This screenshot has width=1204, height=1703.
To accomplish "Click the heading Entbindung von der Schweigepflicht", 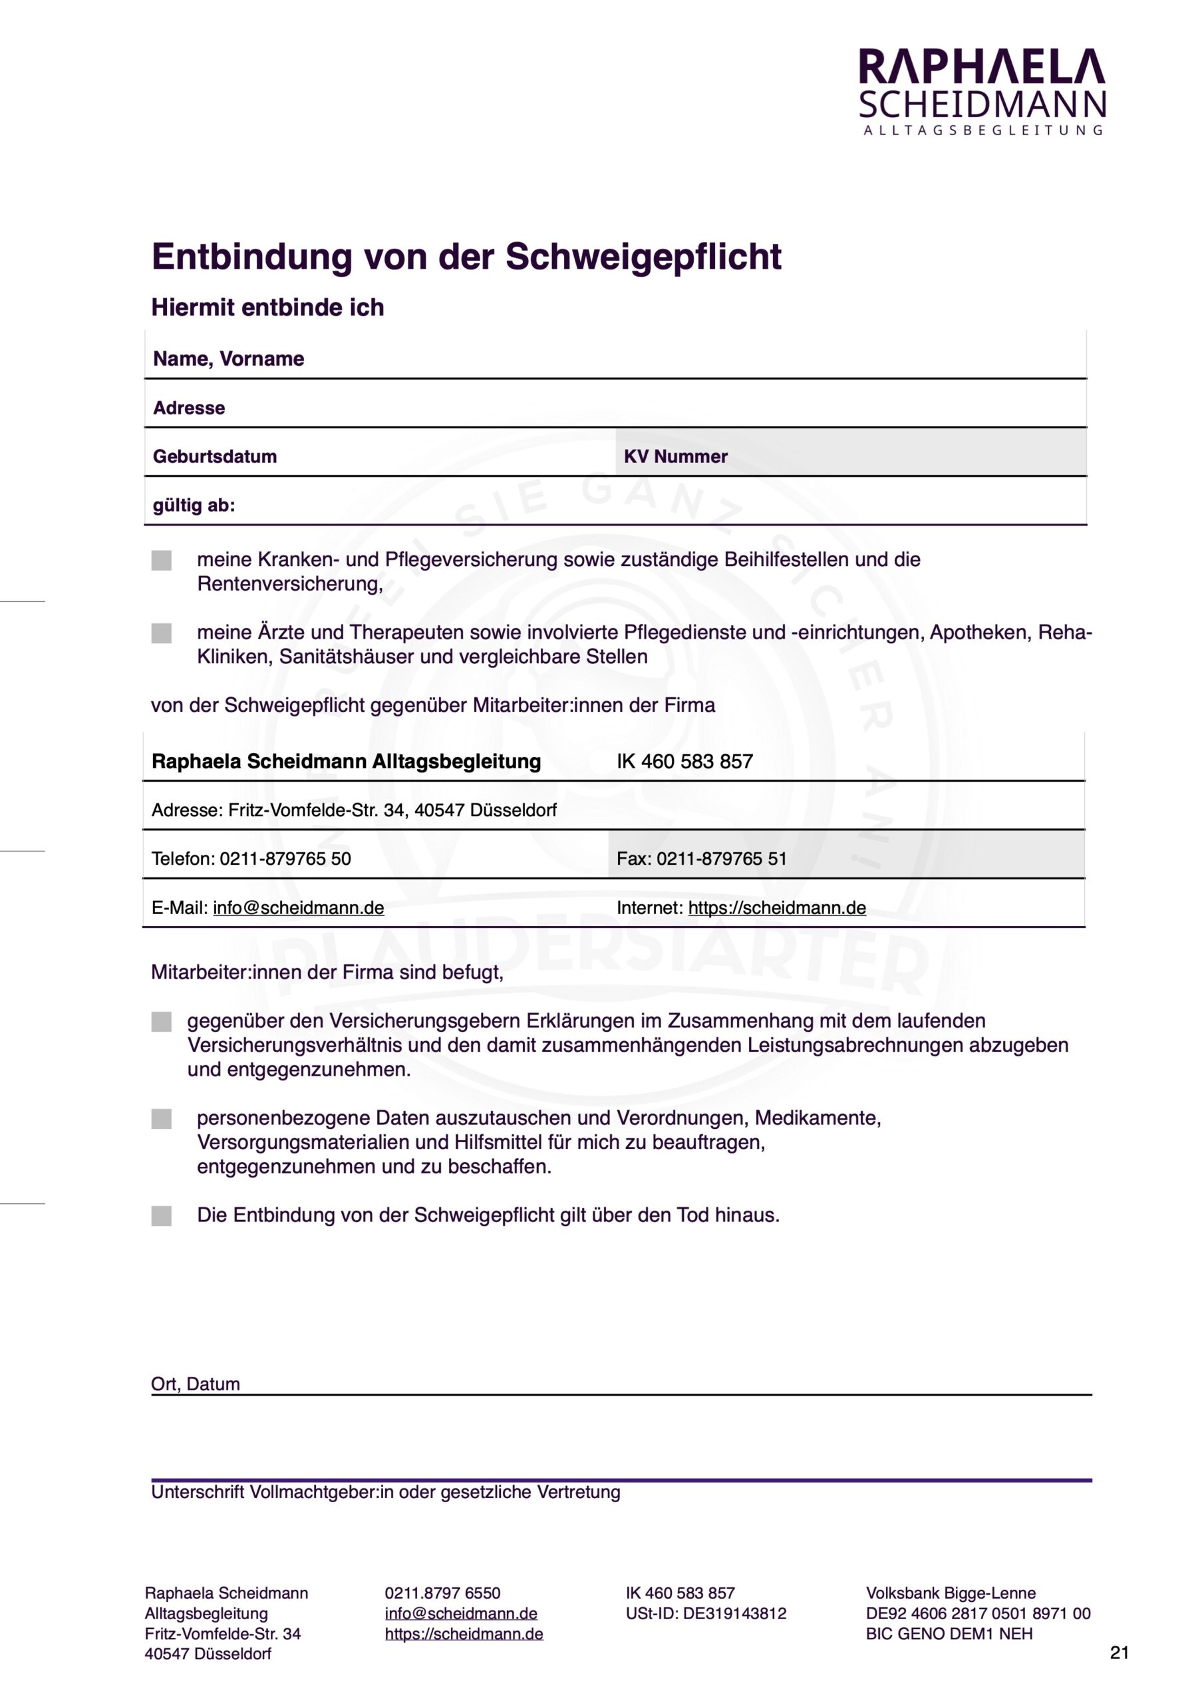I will tap(466, 257).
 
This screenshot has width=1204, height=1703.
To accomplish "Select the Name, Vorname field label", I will tap(228, 359).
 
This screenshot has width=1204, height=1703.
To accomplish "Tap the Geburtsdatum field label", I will tap(214, 457).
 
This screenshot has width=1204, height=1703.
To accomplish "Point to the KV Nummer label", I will tap(675, 457).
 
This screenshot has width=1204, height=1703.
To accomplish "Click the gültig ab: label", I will tap(194, 506).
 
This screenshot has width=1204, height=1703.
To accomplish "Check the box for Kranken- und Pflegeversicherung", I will tap(162, 561).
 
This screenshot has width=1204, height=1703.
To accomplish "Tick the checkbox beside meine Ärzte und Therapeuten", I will tap(162, 633).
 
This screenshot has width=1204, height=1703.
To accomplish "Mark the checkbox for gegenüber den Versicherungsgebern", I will tap(162, 1022).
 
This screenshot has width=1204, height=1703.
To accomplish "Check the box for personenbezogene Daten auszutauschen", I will tap(162, 1120).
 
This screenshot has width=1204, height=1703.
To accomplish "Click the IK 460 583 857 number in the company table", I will tap(684, 762).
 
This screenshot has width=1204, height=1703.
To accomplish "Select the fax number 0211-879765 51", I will tap(721, 859).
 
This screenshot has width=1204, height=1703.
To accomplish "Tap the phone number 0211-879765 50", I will tap(285, 859).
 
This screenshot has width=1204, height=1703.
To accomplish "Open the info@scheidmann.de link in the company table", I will tap(298, 908).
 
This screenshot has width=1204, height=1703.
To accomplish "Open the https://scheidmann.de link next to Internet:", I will tap(777, 908).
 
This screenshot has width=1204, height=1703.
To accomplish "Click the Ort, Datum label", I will tap(195, 1385).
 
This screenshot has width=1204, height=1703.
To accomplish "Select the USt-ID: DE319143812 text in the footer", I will tap(706, 1613).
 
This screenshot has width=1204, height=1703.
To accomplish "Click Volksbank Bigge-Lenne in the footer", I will tap(951, 1593).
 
